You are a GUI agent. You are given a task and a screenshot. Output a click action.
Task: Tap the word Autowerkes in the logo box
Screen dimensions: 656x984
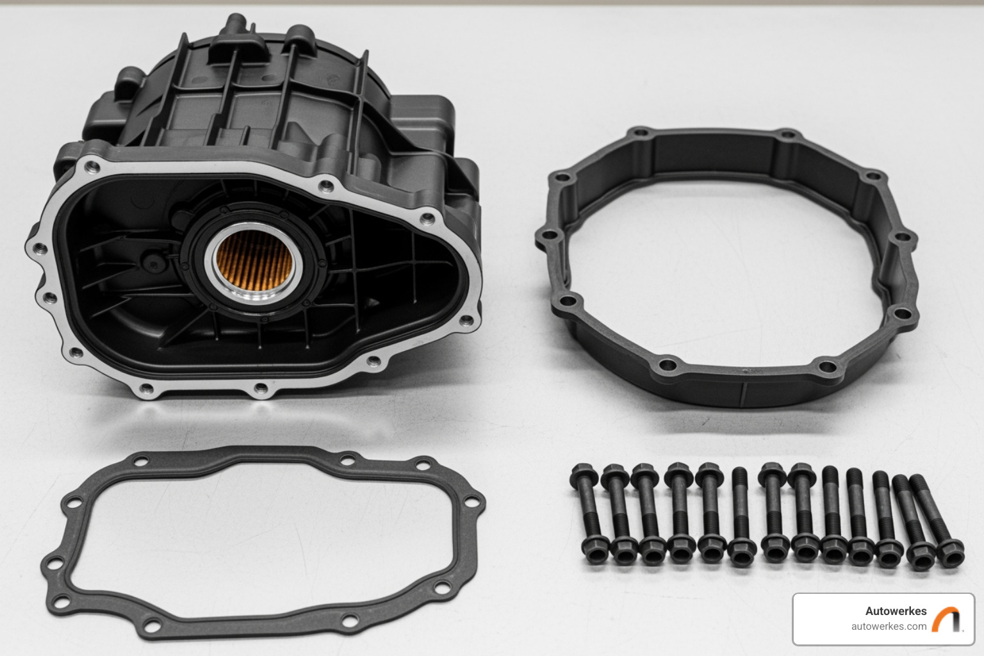(895, 611)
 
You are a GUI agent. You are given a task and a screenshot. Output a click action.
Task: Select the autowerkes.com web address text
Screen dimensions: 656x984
(889, 627)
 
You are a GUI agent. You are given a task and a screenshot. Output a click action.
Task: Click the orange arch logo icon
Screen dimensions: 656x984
(946, 619)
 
